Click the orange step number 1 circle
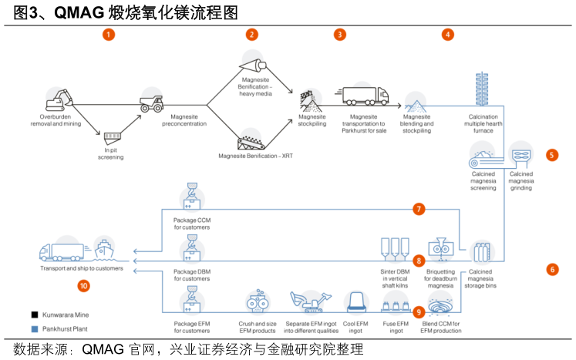109,35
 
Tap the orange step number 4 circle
448,35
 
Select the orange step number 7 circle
419,209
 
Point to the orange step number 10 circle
84,286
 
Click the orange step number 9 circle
419,312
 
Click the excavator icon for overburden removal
59,99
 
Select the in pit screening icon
113,136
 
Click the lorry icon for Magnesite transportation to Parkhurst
365,96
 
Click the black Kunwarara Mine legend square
35,315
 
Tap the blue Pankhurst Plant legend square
35,329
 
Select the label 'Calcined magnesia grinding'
521,180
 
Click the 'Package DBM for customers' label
191,275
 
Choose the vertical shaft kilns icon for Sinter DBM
395,249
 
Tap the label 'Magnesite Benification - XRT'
255,156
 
